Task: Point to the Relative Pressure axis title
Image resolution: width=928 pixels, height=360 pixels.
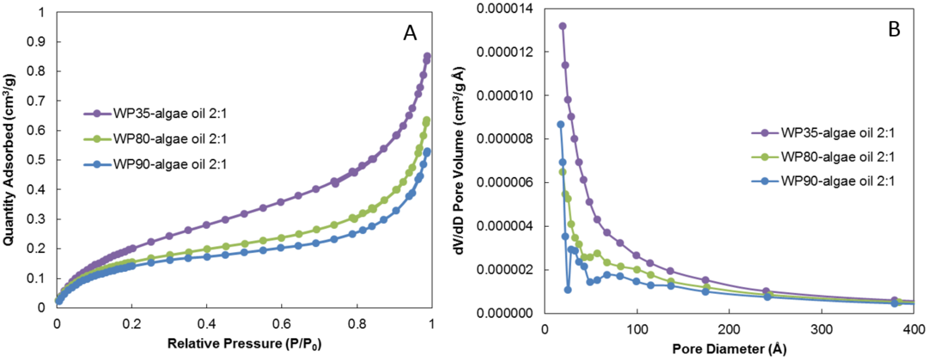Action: coord(244,343)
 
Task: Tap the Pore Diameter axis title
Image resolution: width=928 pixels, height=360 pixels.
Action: coord(729,349)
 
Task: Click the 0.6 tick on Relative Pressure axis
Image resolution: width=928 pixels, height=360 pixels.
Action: coord(281,324)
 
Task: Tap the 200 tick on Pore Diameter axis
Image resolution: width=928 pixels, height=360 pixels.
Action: coord(729,329)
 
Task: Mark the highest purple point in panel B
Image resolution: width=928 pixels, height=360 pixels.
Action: coord(562,26)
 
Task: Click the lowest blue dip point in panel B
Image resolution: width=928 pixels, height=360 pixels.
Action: coord(568,290)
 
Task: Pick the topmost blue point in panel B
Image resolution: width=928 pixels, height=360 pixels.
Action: coord(560,124)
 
